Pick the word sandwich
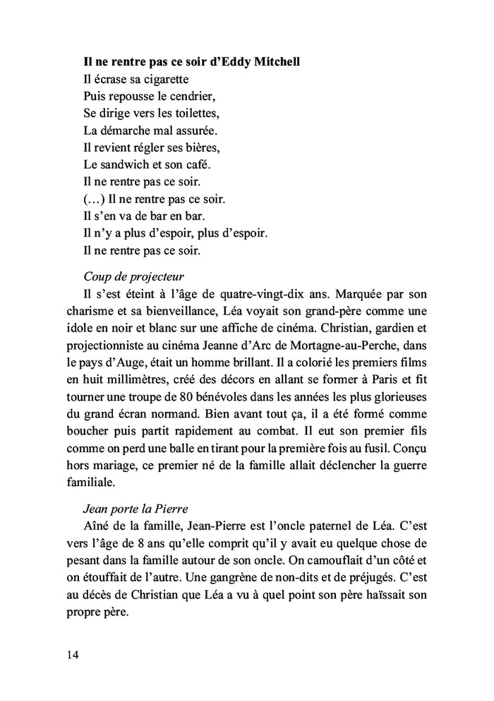tap(123, 165)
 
